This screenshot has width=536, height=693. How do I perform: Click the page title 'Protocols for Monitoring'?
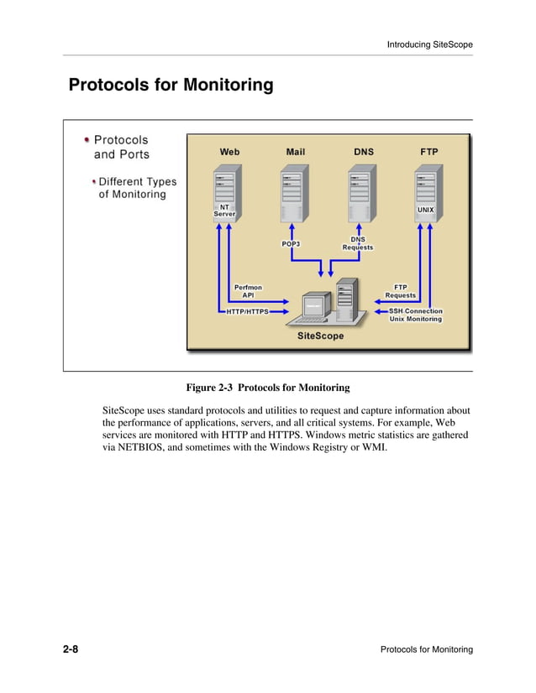[x=171, y=86]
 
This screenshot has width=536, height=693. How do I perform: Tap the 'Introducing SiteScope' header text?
[x=429, y=44]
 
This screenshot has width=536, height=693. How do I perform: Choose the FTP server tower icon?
[x=427, y=189]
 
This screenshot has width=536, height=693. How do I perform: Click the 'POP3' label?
[x=291, y=244]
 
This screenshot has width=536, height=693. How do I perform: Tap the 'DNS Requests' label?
[x=358, y=243]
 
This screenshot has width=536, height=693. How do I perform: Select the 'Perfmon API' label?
[x=248, y=291]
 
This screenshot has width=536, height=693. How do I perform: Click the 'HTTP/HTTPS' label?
[x=247, y=311]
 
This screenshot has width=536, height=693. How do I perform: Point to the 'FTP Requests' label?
[x=401, y=291]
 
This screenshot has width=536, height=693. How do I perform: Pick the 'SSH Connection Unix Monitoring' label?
[x=415, y=315]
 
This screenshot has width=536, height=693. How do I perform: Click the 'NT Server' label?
[x=224, y=210]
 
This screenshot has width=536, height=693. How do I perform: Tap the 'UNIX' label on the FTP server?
[x=426, y=209]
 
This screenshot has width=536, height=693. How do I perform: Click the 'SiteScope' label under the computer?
[x=320, y=336]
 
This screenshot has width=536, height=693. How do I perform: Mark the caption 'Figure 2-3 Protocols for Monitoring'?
[x=267, y=388]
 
